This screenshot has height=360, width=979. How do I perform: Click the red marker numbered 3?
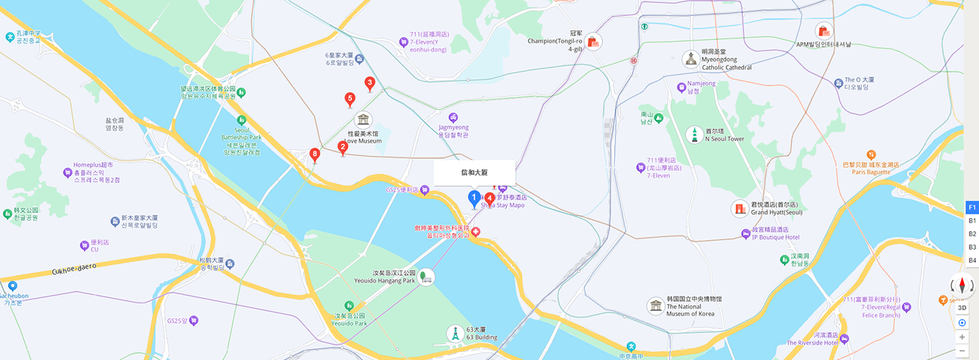click(x=370, y=84)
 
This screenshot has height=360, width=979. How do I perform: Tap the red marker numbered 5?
click(x=350, y=99)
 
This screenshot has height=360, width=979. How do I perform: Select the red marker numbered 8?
click(x=315, y=154)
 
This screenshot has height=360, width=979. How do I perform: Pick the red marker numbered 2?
click(x=343, y=148)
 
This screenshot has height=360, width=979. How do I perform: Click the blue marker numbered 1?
click(x=474, y=197)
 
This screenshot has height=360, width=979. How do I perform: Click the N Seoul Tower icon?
click(x=694, y=135)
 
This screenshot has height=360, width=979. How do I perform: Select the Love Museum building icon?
click(x=364, y=120)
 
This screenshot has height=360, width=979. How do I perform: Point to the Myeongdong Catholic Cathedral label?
click(x=726, y=60)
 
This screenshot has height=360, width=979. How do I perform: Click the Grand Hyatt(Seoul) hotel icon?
click(x=739, y=209)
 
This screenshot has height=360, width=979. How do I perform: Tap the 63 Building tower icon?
click(x=454, y=333)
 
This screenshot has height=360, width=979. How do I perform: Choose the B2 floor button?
click(x=972, y=234)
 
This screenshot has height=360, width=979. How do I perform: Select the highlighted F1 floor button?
click(x=972, y=207)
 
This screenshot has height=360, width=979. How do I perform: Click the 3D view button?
click(x=962, y=307)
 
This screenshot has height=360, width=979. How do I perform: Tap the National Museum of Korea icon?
click(x=656, y=306)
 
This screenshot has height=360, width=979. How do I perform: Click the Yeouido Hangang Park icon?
click(x=426, y=277)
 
